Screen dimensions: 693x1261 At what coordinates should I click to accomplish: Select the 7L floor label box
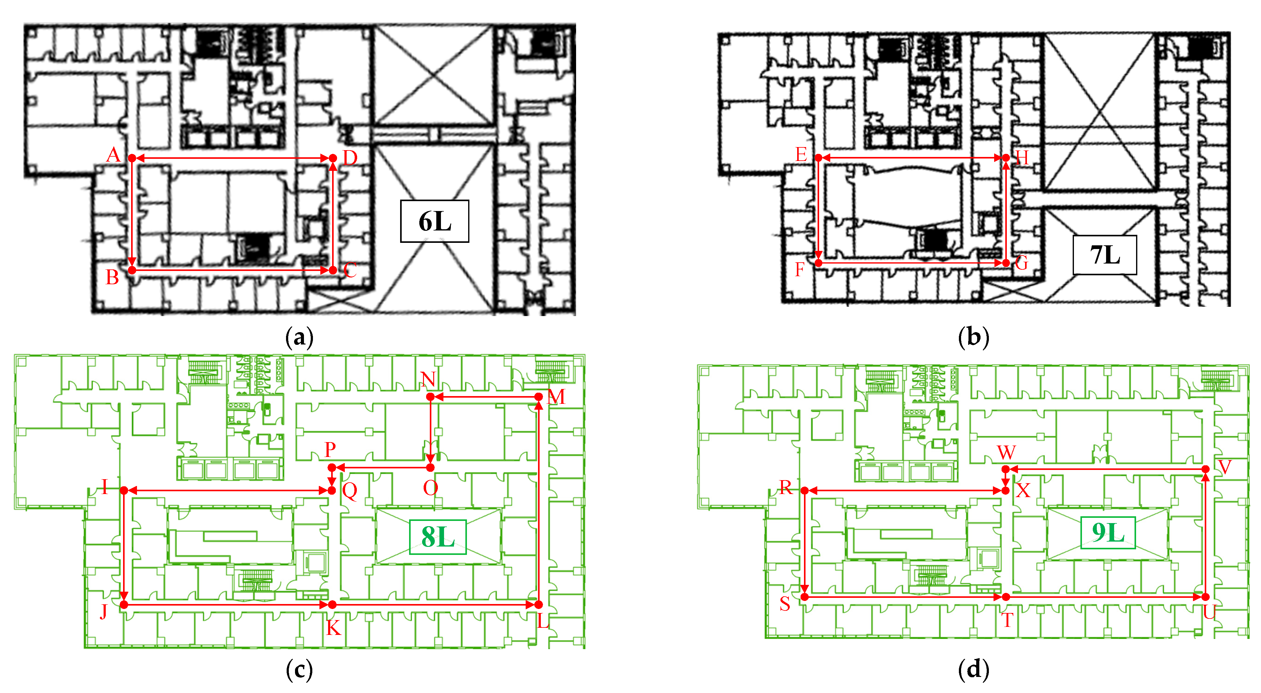[x=1104, y=255]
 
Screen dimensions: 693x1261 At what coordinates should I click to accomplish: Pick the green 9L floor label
[x=1108, y=533]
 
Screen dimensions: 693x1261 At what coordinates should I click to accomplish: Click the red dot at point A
[x=132, y=158]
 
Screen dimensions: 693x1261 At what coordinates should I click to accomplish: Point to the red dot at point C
[x=333, y=270]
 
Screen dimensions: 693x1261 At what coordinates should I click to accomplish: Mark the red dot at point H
[x=1006, y=158]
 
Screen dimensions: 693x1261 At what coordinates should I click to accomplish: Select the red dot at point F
[x=819, y=263]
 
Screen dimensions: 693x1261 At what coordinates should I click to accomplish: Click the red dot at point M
[x=538, y=397]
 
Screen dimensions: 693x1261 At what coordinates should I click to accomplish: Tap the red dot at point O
[x=430, y=467]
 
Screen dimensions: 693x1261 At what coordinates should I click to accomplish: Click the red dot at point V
[x=1206, y=469]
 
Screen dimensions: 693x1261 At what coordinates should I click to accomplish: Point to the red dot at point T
[x=1006, y=597]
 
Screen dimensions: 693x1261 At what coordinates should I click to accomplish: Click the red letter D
[x=350, y=158]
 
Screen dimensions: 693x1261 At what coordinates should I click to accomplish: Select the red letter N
[x=428, y=379]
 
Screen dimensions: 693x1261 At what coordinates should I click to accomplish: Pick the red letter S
[x=785, y=604]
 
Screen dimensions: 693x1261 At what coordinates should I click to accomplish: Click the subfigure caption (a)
[x=299, y=337]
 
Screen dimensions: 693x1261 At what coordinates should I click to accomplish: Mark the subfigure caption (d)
[x=973, y=669]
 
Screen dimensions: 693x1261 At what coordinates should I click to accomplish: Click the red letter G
[x=1021, y=263]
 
